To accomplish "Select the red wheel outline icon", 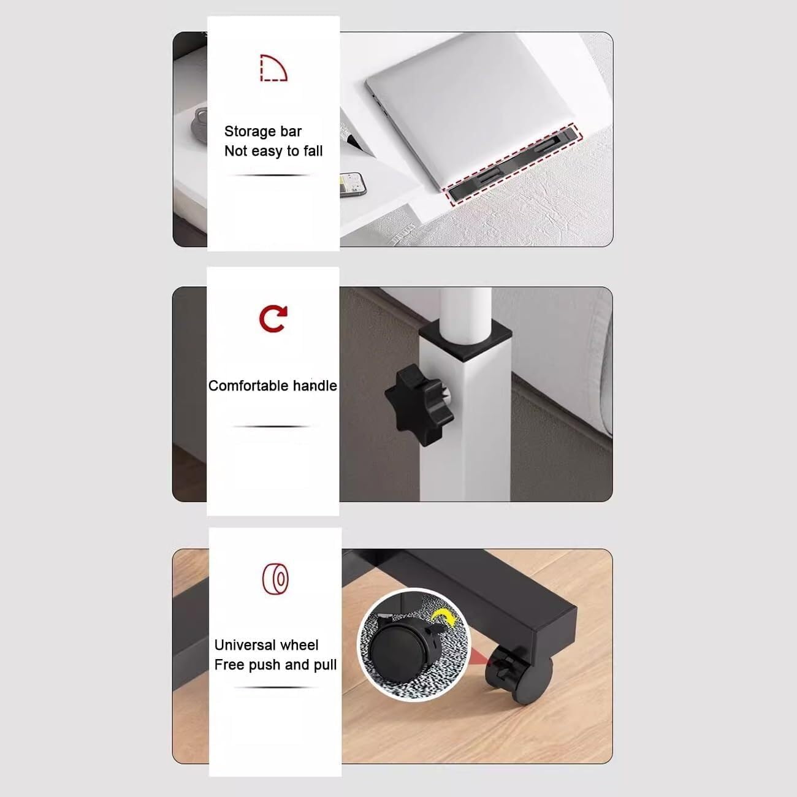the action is [x=275, y=579].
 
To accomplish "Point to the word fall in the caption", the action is [x=313, y=151].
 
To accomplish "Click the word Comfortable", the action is [x=248, y=386].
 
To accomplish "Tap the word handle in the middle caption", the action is [x=315, y=386].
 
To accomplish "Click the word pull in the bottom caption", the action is [x=325, y=665].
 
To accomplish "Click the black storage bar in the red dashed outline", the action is [x=512, y=165].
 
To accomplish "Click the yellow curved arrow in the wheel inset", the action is [x=444, y=620].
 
